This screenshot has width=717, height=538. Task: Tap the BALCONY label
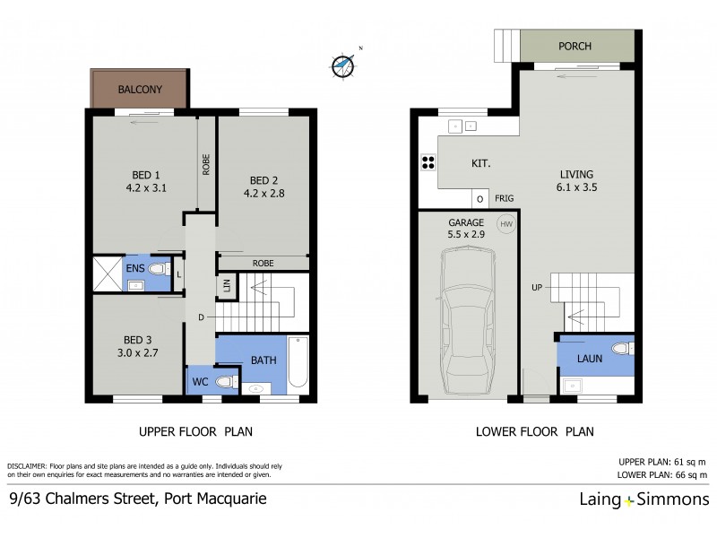click(140, 90)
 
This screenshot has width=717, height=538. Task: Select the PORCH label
click(574, 46)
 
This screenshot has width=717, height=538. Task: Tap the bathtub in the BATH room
click(298, 364)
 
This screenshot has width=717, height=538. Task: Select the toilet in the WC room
click(225, 381)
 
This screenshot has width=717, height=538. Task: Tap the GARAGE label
click(466, 221)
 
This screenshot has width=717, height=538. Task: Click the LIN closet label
click(225, 287)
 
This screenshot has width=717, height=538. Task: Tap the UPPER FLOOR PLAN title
click(195, 431)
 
